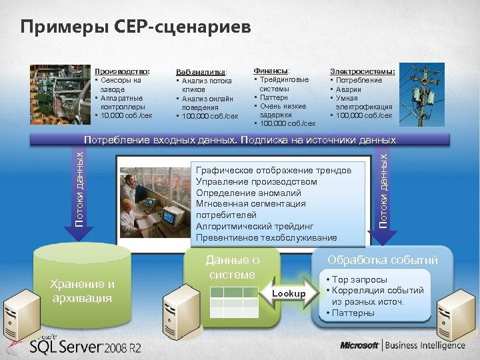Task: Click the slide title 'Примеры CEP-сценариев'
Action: tap(136, 27)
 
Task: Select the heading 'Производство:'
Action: tap(122, 71)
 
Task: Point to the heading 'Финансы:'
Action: tap(271, 71)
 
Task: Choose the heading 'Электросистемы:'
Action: tap(363, 71)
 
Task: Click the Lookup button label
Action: tap(289, 293)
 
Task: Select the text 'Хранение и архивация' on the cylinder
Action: tap(83, 291)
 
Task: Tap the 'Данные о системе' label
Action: tap(232, 267)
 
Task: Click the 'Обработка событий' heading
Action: tap(382, 260)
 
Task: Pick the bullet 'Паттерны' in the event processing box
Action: tap(356, 313)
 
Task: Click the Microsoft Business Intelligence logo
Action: tap(402, 345)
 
